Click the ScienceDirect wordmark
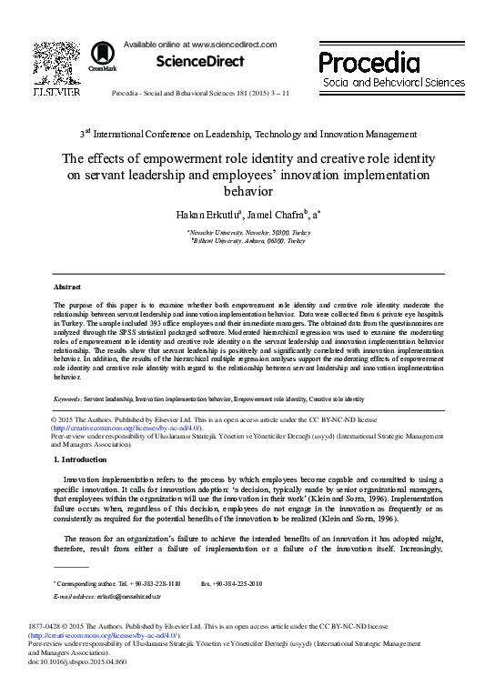(x=200, y=62)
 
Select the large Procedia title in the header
(x=369, y=62)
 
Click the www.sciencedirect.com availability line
(x=182, y=44)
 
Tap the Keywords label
(x=67, y=399)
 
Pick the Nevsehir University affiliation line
(x=248, y=233)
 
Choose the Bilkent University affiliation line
(x=248, y=242)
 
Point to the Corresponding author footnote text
(x=118, y=581)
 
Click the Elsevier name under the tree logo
(x=56, y=92)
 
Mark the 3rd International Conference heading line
(x=247, y=133)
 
